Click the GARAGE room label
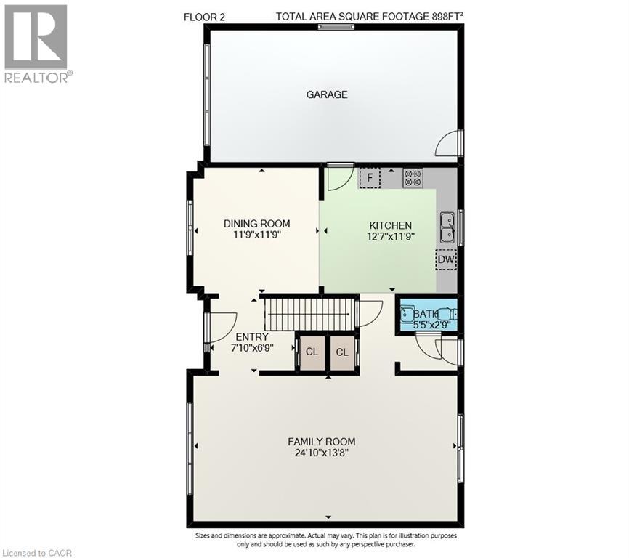pos(326,94)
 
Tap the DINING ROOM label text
pos(256,224)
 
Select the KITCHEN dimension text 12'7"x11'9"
pos(390,236)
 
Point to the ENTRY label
pos(252,337)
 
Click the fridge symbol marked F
pos(370,177)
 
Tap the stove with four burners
pos(413,177)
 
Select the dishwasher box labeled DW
pos(446,259)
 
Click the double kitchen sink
pos(447,227)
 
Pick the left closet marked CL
pos(312,352)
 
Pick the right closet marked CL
pos(341,352)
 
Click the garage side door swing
pos(447,145)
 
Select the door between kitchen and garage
pos(340,177)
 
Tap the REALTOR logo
pos(36,44)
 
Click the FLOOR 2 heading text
pos(205,16)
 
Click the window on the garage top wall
pos(336,27)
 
